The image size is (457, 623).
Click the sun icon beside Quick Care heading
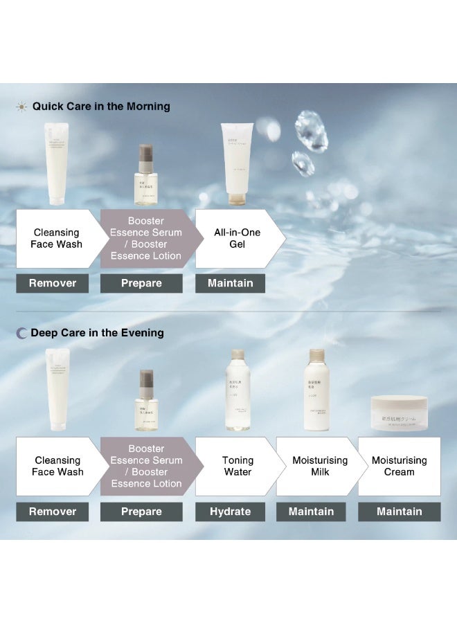click(21, 107)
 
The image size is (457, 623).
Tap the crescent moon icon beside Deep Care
click(21, 333)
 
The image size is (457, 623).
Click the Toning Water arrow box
click(238, 466)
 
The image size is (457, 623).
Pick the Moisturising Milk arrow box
click(318, 466)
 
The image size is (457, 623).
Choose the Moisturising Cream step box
click(399, 466)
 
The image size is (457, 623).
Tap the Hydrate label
click(231, 512)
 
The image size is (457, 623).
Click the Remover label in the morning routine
click(53, 283)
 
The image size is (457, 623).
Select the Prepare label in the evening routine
click(141, 512)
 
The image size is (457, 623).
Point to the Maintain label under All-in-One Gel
click(231, 283)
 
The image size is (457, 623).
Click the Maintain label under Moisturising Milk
click(311, 512)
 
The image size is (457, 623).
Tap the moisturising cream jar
click(398, 412)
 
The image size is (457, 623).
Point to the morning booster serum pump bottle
click(145, 174)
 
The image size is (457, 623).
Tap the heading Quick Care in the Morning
click(101, 107)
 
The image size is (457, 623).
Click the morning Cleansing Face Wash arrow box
click(56, 239)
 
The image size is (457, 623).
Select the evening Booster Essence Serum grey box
click(146, 466)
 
